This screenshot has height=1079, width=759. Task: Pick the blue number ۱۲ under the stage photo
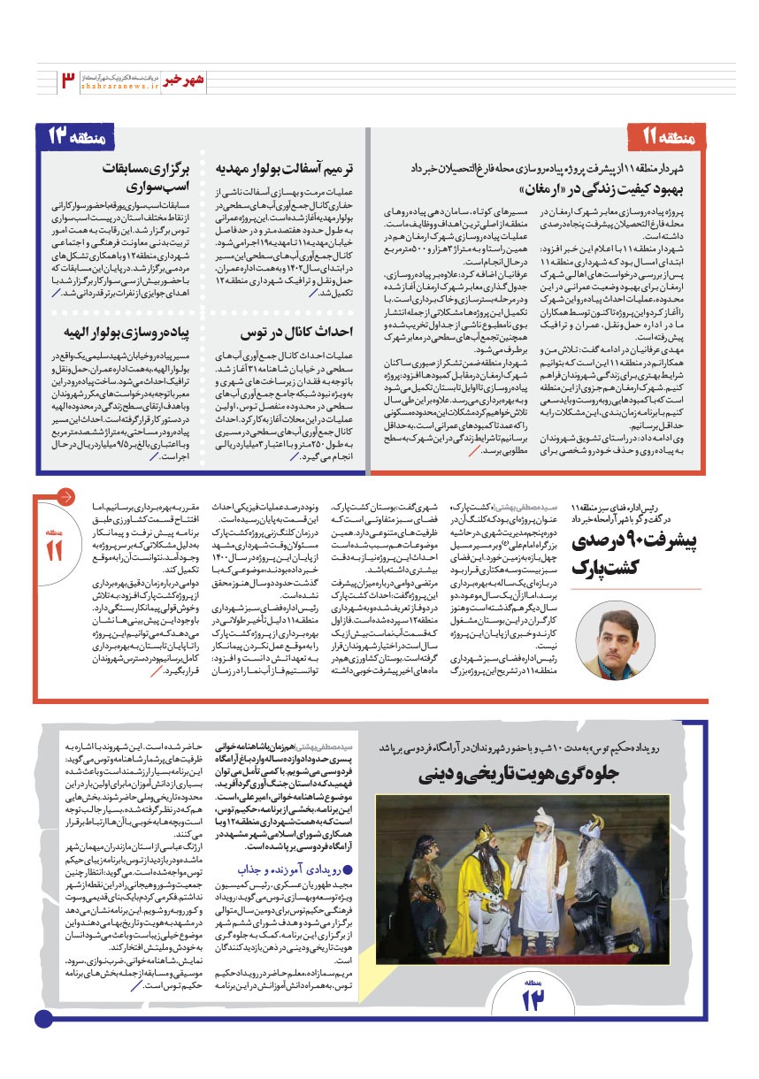[x=534, y=1000]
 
